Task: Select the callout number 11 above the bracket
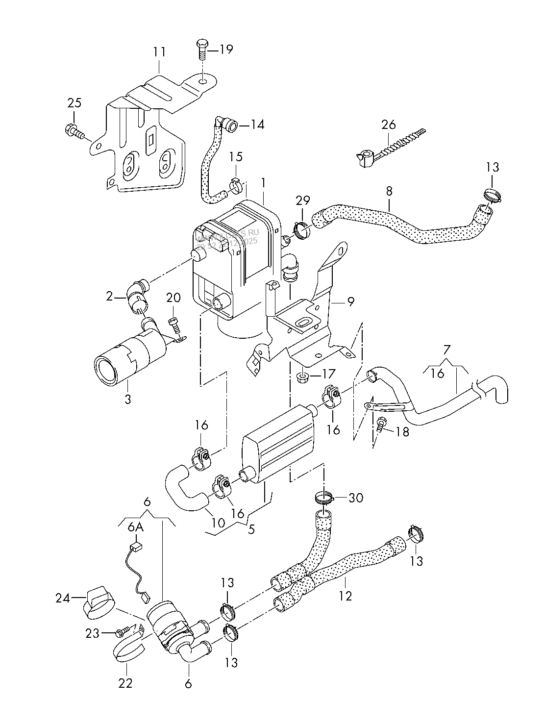(x=159, y=51)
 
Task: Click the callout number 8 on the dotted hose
(x=389, y=190)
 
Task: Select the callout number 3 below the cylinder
(x=127, y=399)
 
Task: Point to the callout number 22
(x=125, y=682)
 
